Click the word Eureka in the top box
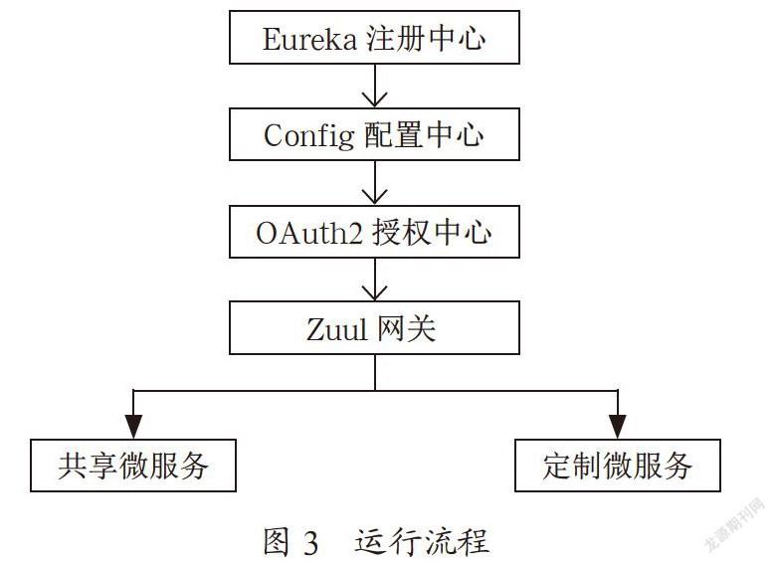click(309, 39)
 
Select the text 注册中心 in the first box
click(426, 38)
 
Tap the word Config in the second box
click(308, 135)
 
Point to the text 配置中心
click(424, 134)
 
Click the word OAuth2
click(309, 233)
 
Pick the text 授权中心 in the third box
click(432, 232)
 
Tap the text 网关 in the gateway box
click(407, 328)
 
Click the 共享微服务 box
click(133, 466)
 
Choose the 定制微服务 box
click(618, 466)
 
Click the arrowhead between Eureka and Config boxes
click(375, 98)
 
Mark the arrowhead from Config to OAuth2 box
click(375, 195)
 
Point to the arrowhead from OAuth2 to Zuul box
click(375, 291)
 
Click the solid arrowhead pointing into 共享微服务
click(133, 427)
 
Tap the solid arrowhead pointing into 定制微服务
click(617, 427)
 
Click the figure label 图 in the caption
click(277, 542)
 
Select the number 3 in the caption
click(310, 543)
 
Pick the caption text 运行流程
click(422, 541)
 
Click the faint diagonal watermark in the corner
click(735, 524)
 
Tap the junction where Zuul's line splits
click(375, 391)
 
